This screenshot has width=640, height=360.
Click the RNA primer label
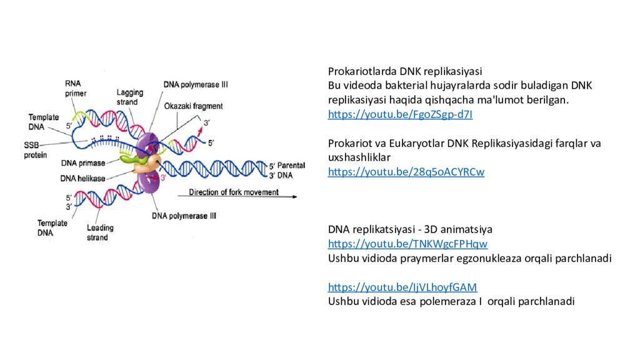[76, 88]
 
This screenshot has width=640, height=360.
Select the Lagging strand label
[129, 97]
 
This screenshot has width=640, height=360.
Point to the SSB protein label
[36, 149]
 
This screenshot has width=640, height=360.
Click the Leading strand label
[99, 232]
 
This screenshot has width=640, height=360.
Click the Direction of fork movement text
[234, 192]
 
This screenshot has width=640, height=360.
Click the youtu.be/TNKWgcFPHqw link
[407, 244]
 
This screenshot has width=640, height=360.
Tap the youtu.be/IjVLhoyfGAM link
[402, 287]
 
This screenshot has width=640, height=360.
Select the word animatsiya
[469, 229]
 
